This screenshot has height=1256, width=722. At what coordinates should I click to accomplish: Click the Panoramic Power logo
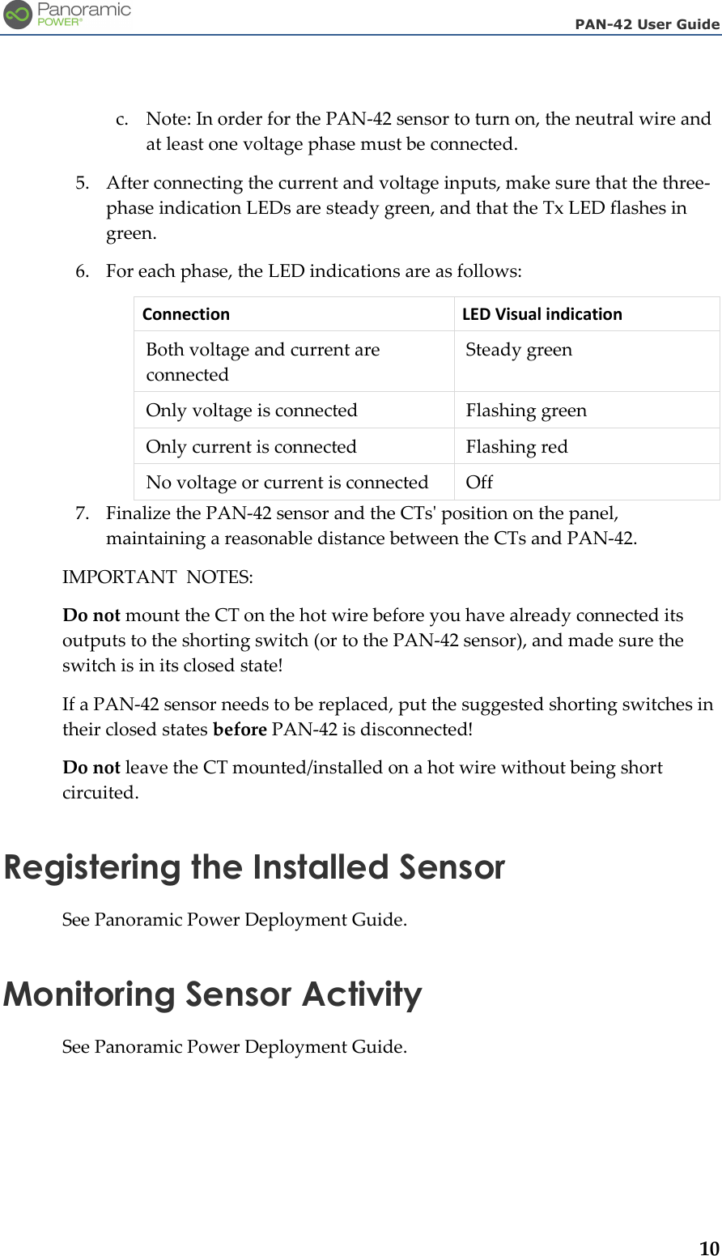point(66,15)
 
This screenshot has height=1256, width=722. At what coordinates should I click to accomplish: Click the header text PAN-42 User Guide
point(647,24)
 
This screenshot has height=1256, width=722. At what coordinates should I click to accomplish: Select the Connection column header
point(186,314)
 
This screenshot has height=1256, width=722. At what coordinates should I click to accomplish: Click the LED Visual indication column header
point(541,314)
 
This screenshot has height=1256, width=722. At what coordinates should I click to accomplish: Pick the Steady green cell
point(519,350)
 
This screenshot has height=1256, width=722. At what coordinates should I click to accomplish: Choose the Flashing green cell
point(526,411)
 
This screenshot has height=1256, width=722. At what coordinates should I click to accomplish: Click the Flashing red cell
point(516,446)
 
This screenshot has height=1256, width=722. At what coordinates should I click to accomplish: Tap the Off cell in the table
point(479,482)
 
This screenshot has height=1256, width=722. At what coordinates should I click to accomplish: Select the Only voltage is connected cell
point(252,411)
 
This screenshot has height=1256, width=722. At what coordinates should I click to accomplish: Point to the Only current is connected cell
point(251,446)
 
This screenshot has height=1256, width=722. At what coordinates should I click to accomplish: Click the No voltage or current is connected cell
point(287,482)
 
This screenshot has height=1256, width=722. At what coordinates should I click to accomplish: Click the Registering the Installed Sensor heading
point(254,867)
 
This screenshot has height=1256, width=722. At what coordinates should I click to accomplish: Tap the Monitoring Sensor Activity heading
point(213,994)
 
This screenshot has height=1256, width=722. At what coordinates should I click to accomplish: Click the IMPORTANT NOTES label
point(158,577)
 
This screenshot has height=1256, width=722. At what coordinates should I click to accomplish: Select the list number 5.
point(82,183)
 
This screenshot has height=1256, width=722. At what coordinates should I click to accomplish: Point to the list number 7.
point(82,513)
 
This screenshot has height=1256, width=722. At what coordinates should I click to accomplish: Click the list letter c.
point(121,119)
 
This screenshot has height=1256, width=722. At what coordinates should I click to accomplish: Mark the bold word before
point(240,730)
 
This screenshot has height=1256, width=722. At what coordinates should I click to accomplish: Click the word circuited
point(100,793)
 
